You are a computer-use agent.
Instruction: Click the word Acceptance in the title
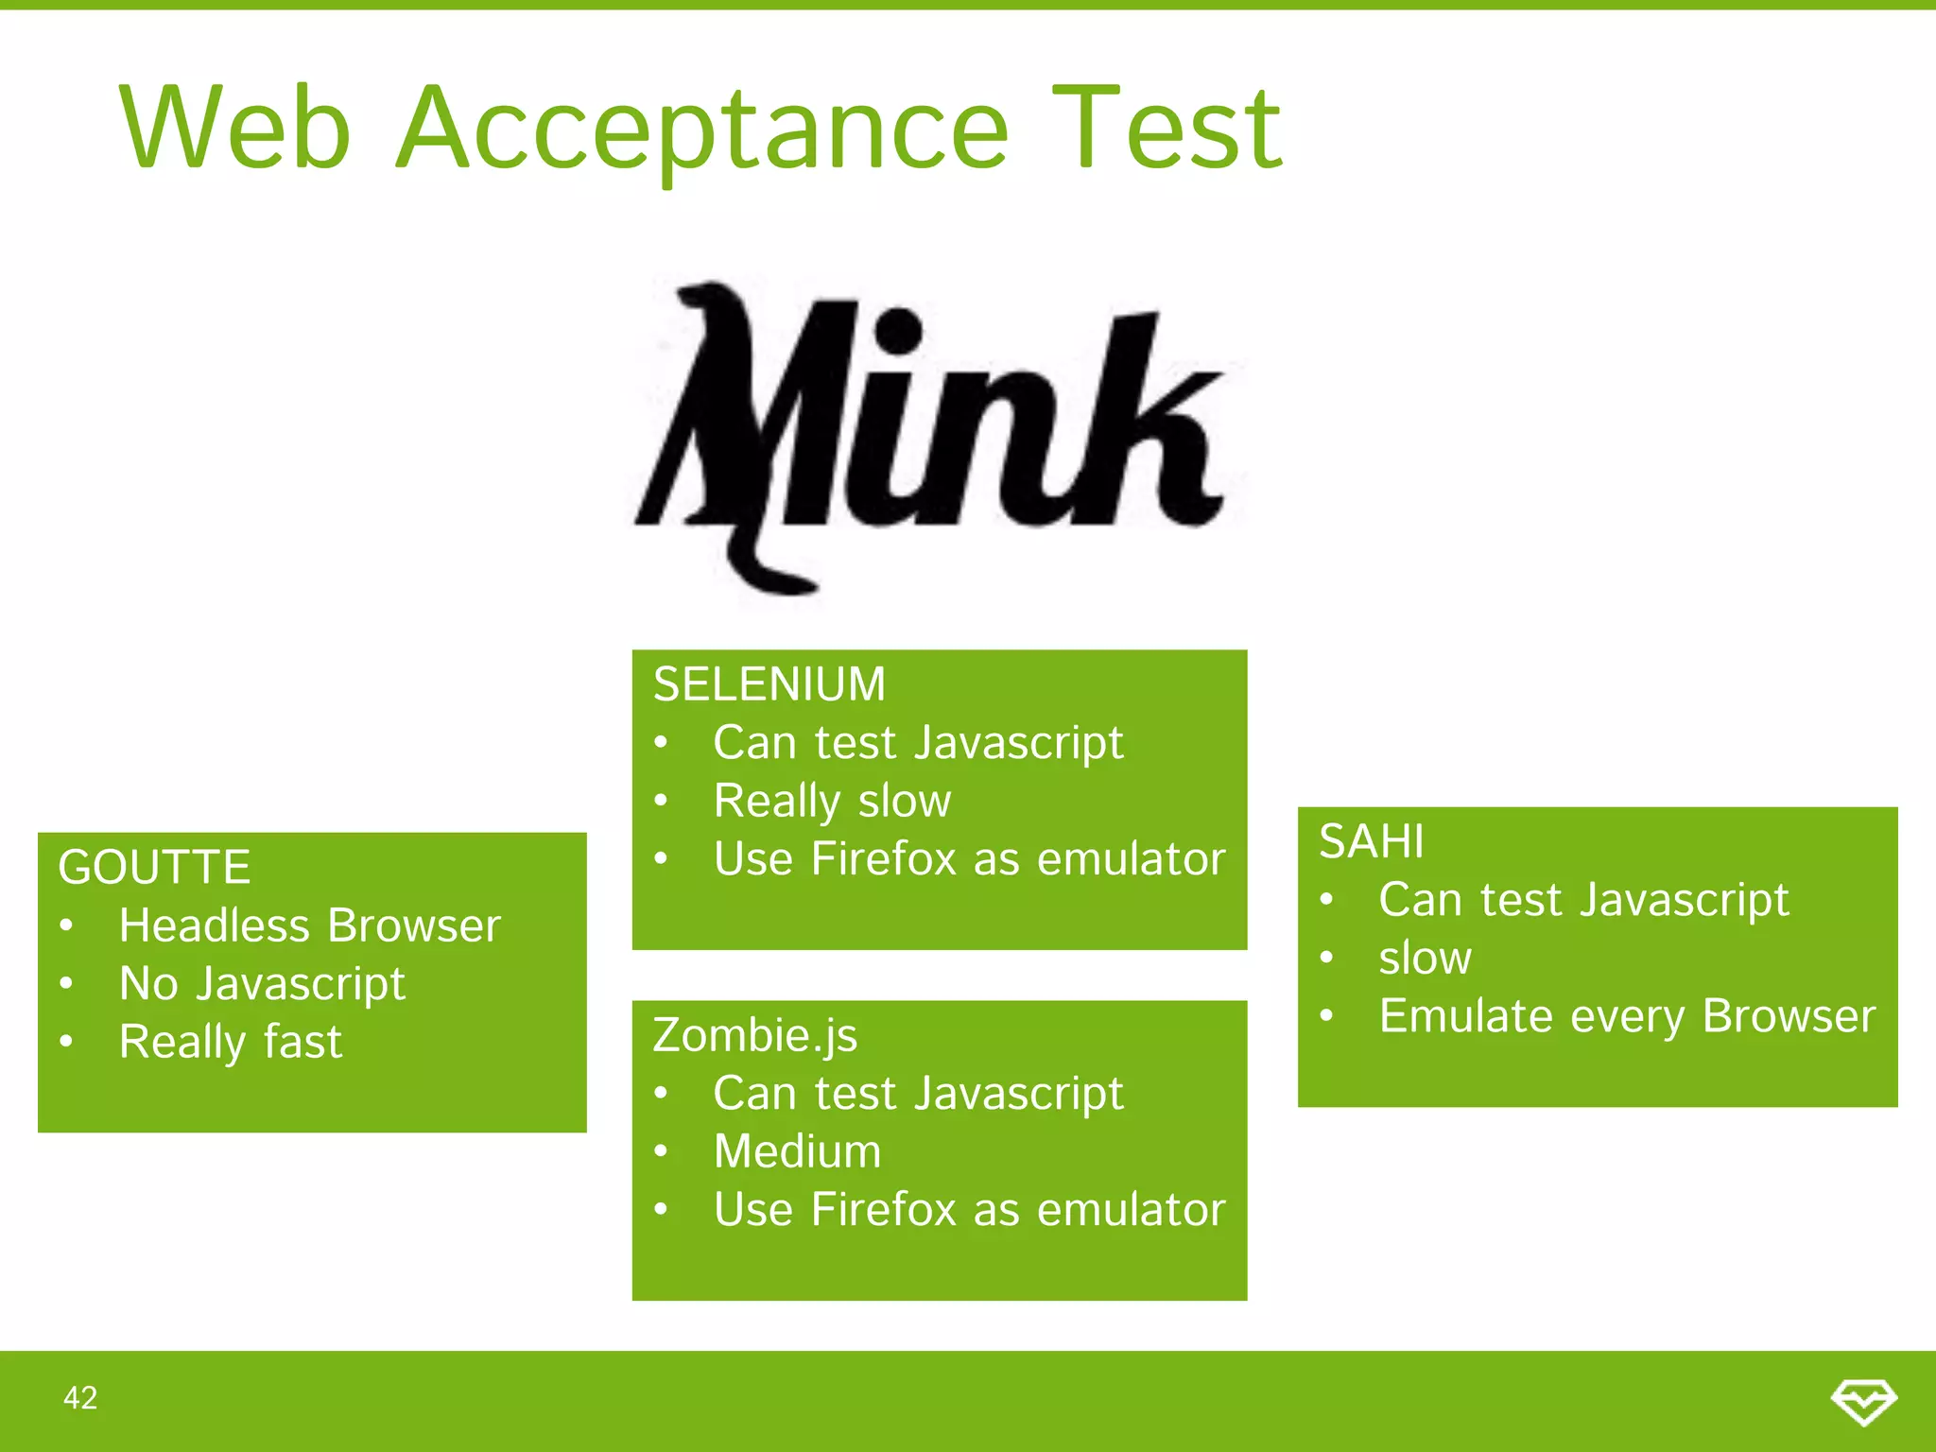[702, 130]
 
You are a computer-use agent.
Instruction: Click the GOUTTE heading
[154, 867]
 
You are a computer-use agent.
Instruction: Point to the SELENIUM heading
[769, 683]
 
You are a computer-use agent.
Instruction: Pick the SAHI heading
[1371, 840]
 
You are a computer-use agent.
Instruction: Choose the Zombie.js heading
[754, 1035]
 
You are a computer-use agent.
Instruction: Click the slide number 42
[80, 1398]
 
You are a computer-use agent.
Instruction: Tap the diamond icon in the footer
[1863, 1400]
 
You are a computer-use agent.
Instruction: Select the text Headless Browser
[309, 925]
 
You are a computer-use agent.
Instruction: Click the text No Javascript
[262, 984]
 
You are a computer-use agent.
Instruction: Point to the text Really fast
[230, 1042]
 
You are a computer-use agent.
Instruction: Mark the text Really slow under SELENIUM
[832, 801]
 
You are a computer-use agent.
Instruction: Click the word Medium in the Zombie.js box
[797, 1151]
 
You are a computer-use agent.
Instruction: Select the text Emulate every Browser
[1626, 1016]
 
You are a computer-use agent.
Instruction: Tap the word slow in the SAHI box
[1425, 958]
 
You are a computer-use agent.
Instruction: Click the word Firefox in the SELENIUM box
[884, 859]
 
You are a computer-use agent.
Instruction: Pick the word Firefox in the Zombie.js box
[884, 1209]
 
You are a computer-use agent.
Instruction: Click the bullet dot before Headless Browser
[66, 926]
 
